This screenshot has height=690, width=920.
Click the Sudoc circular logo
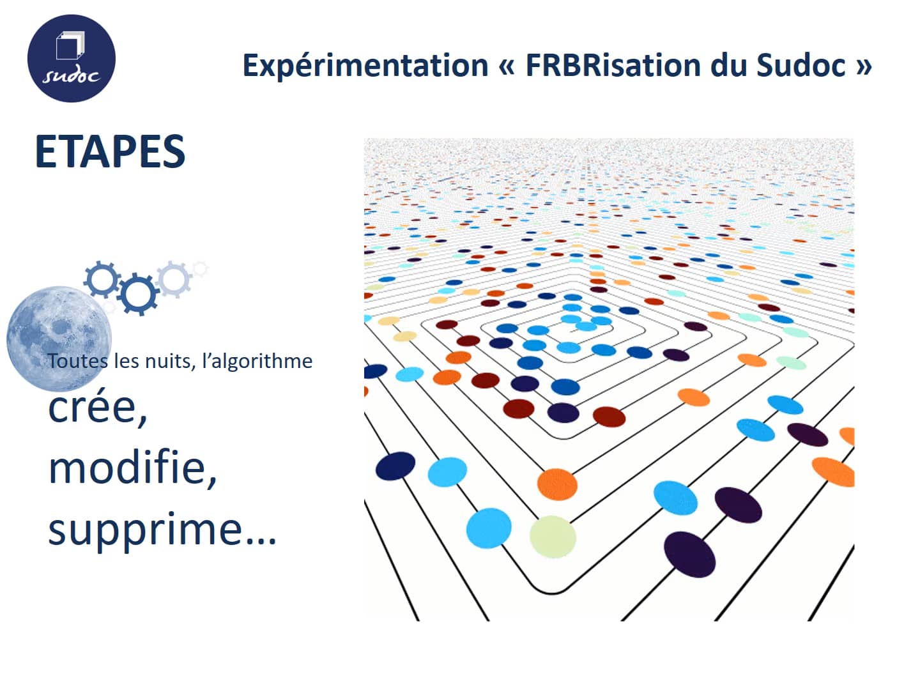(x=71, y=59)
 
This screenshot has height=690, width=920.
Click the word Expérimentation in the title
(x=365, y=66)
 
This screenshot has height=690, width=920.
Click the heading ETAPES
(x=110, y=152)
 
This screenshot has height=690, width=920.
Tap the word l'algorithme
(x=257, y=361)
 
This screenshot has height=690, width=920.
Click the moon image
(x=59, y=337)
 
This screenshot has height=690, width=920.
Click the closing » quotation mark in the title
(x=863, y=66)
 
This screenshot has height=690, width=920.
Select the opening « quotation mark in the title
(x=507, y=66)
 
